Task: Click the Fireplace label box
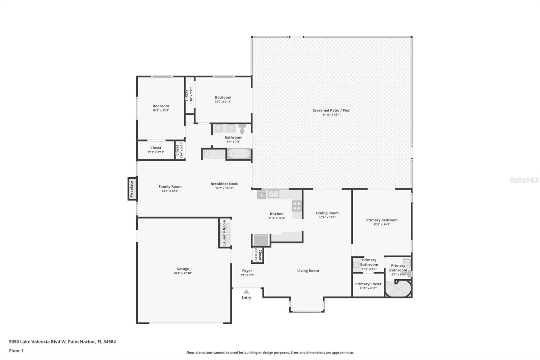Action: tap(132, 189)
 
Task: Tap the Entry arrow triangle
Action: tap(246, 291)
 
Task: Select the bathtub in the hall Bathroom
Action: tap(239, 153)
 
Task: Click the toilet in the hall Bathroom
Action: tap(242, 129)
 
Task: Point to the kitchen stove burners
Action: tap(297, 206)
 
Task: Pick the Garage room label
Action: tap(183, 269)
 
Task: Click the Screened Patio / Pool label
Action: tap(331, 110)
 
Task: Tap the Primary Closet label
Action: tap(368, 284)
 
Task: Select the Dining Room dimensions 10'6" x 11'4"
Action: tap(327, 217)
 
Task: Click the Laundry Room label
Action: tap(224, 233)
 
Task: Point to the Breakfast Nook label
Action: tap(224, 184)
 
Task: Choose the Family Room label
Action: tap(170, 186)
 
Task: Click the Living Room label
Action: tap(308, 271)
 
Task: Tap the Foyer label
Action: tap(247, 271)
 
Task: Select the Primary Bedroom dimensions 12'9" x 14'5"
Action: tap(382, 224)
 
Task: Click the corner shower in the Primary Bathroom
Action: tap(398, 288)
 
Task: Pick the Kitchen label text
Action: tap(276, 214)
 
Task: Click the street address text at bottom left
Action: tap(62, 342)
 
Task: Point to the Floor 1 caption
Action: tap(16, 351)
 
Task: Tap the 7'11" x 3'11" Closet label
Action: tap(156, 150)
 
